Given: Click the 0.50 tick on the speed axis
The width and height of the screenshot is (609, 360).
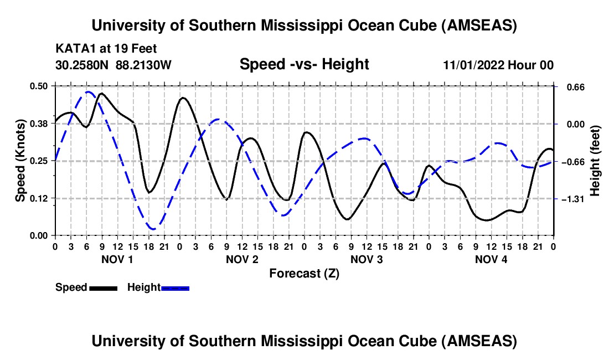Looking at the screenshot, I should point(42,86).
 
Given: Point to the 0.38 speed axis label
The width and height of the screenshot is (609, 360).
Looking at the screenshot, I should point(42,124).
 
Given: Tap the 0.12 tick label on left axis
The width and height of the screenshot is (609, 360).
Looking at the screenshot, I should point(42,198).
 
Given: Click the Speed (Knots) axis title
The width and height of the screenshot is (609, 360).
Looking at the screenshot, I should point(20,161).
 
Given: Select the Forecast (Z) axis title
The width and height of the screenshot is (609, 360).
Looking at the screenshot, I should point(304,273).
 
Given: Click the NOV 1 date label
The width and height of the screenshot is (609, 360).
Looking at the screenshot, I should point(118,259).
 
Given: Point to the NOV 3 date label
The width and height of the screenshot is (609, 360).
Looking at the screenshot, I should point(367,259).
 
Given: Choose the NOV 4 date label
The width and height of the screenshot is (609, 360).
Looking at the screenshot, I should point(491,259).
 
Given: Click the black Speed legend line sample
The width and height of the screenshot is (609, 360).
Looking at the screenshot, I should point(103,287).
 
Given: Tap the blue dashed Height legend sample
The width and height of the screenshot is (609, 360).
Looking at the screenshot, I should point(175,287).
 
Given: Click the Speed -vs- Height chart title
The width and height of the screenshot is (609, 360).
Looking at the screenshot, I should point(304,64).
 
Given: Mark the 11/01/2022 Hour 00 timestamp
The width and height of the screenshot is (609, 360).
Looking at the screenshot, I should point(498,65).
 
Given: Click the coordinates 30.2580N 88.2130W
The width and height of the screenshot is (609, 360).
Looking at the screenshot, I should point(113,65).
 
